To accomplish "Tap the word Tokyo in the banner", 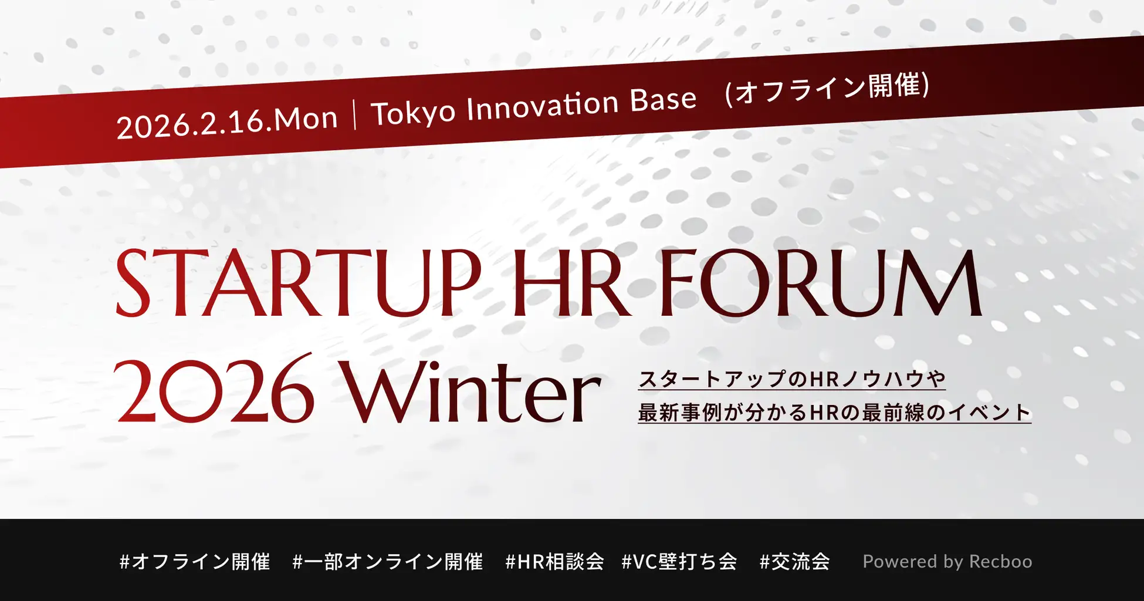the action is point(414,112).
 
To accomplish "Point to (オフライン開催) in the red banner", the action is point(827,90).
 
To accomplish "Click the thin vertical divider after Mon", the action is point(355,114).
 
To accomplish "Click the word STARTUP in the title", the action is point(299,284).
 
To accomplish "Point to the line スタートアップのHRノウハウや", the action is point(792,379).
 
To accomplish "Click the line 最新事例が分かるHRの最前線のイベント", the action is point(834,413).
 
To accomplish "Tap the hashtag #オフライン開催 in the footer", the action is point(195,562).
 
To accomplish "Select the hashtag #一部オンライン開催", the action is point(388,562).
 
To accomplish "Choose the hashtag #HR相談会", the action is point(555,562).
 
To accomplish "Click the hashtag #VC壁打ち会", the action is point(679,562).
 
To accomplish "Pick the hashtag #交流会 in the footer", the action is point(795,562).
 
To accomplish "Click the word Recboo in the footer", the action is point(1000,562).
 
